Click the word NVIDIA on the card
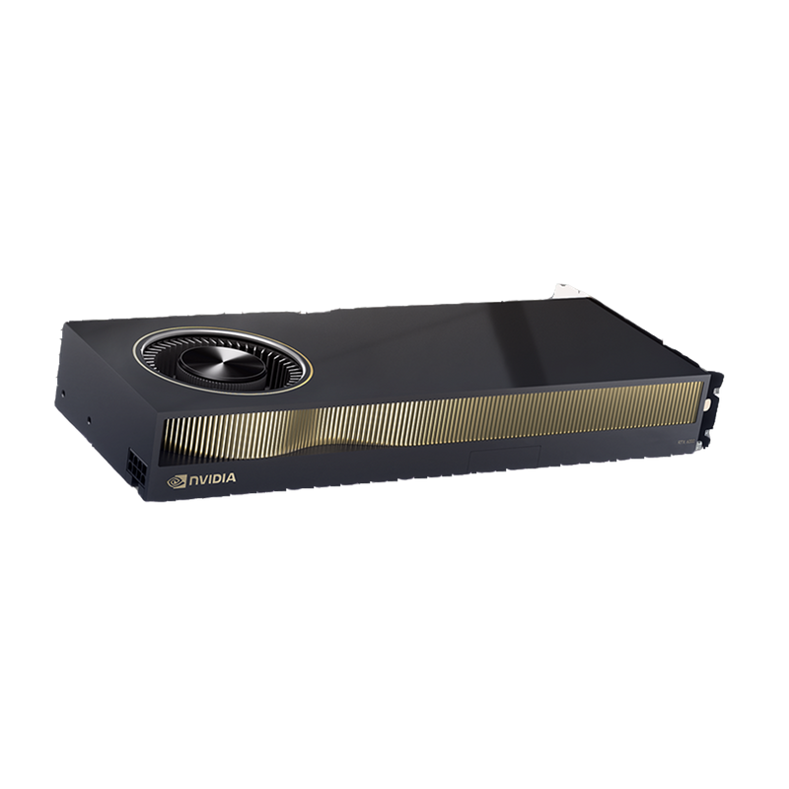click(210, 483)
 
